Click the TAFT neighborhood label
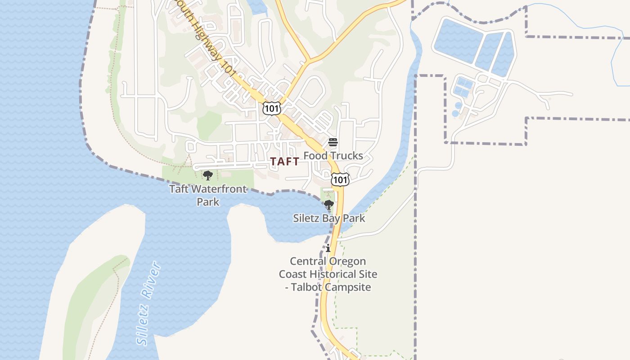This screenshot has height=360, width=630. pyautogui.click(x=284, y=162)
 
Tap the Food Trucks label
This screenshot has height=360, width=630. pyautogui.click(x=333, y=156)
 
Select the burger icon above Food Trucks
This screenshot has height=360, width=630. pyautogui.click(x=333, y=143)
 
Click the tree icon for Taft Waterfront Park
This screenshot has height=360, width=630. pyautogui.click(x=207, y=175)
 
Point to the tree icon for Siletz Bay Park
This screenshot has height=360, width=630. pyautogui.click(x=329, y=205)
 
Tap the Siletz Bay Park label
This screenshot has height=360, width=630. pyautogui.click(x=329, y=219)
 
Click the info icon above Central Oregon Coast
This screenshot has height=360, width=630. pyautogui.click(x=328, y=248)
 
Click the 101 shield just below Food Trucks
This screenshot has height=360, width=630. pyautogui.click(x=340, y=179)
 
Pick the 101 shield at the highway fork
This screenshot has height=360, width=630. pyautogui.click(x=271, y=108)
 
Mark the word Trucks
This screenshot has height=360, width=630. pyautogui.click(x=346, y=156)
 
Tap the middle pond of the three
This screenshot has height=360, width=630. pyautogui.click(x=488, y=50)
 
